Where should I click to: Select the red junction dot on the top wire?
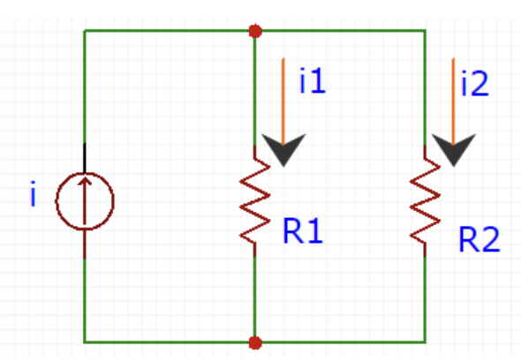point(255,31)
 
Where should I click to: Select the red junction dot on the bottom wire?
point(255,341)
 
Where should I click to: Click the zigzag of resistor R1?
point(255,199)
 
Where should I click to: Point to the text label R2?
point(479,239)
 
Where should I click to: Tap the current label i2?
point(473,85)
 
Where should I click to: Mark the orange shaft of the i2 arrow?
point(454,97)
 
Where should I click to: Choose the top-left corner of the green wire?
point(85,31)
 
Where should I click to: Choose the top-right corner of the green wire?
point(426,31)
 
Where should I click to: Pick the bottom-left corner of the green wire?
point(85,341)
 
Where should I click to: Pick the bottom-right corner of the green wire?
point(426,341)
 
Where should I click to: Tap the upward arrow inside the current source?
point(85,199)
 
